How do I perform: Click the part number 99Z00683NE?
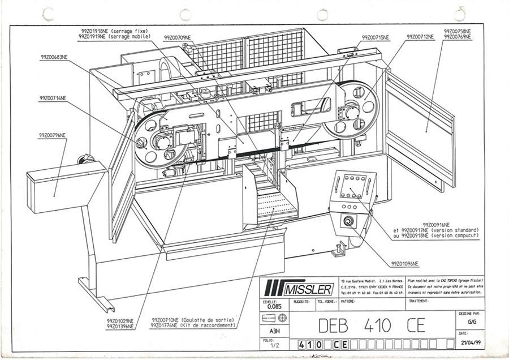pyautogui.click(x=54, y=57)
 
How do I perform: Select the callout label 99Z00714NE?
pyautogui.click(x=53, y=97)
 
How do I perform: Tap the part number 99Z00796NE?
pyautogui.click(x=53, y=135)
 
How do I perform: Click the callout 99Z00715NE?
pyautogui.click(x=376, y=37)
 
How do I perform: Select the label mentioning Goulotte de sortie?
pyautogui.click(x=192, y=320)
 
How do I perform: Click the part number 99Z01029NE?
pyautogui.click(x=120, y=321)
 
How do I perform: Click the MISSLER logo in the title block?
pyautogui.click(x=297, y=289)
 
